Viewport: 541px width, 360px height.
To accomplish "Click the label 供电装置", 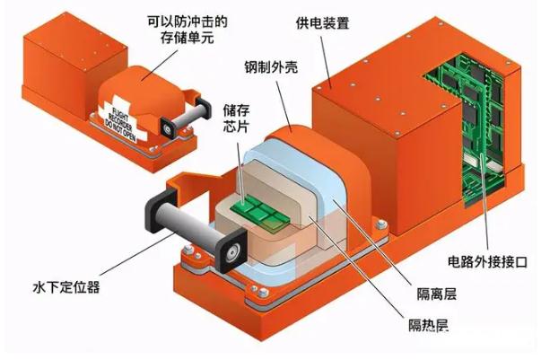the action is click(x=323, y=23).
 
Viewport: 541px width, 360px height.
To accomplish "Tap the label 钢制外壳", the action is click(x=271, y=67).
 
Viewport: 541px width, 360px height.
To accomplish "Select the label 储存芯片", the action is click(x=236, y=119).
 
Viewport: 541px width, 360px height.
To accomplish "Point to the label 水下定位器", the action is click(x=66, y=287).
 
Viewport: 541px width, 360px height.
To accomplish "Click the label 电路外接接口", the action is click(x=487, y=262).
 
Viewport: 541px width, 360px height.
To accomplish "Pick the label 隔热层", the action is click(x=428, y=325).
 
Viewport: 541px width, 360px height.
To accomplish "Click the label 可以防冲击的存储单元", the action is click(x=188, y=30).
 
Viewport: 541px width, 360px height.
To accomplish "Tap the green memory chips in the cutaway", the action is click(x=260, y=213).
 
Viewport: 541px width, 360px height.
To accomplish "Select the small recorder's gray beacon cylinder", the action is click(x=188, y=117).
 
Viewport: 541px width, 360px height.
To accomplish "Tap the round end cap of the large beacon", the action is click(x=232, y=251).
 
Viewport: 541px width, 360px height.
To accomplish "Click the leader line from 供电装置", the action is click(x=326, y=62).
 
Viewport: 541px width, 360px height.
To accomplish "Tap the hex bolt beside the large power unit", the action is click(x=380, y=225).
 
